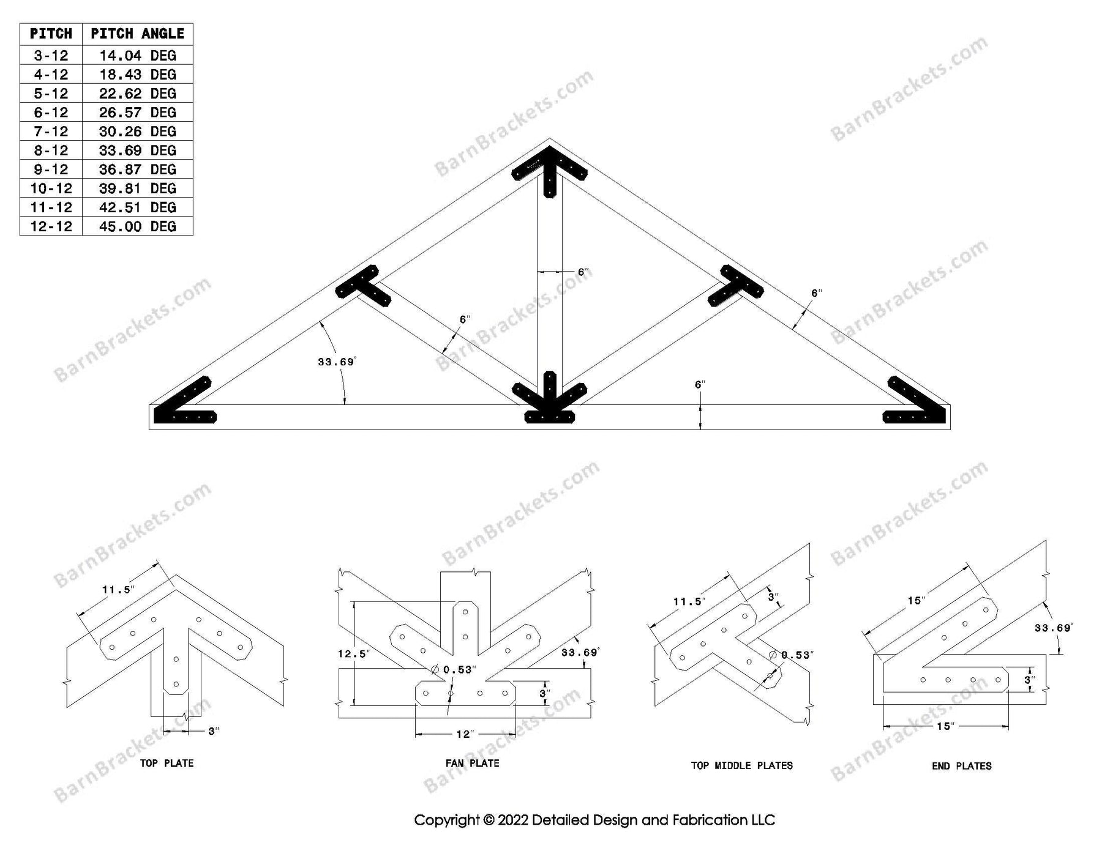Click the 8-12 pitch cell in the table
point(51,151)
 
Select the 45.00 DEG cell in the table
point(137,226)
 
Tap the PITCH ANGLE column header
point(137,34)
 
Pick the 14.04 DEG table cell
point(137,56)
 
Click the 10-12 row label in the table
point(51,188)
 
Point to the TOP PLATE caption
point(167,763)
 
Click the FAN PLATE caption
point(472,763)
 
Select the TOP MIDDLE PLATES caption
point(741,765)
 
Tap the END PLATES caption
point(961,765)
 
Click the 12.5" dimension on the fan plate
point(353,654)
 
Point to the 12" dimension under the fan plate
point(465,734)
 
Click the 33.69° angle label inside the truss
point(336,362)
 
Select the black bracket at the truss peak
point(550,168)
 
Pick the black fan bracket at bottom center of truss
point(550,401)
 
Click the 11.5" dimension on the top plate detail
point(118,590)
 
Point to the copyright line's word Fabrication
point(701,820)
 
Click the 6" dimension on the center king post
point(583,272)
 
